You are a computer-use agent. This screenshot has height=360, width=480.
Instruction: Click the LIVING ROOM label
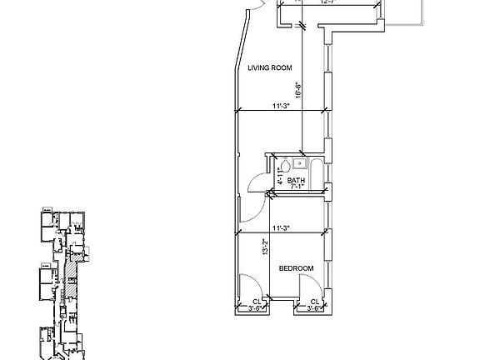[x=268, y=69]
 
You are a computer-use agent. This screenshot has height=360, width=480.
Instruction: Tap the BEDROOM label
[x=296, y=268]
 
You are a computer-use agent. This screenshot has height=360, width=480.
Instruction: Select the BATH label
[x=296, y=181]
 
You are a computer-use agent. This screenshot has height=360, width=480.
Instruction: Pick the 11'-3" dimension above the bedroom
[x=281, y=227]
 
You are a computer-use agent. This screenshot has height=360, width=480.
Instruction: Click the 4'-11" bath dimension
[x=280, y=177]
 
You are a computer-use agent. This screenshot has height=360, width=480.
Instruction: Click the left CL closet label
[x=257, y=302]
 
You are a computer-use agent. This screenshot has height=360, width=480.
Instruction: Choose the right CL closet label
[x=316, y=302]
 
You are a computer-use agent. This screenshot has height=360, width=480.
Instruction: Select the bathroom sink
[x=300, y=162]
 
